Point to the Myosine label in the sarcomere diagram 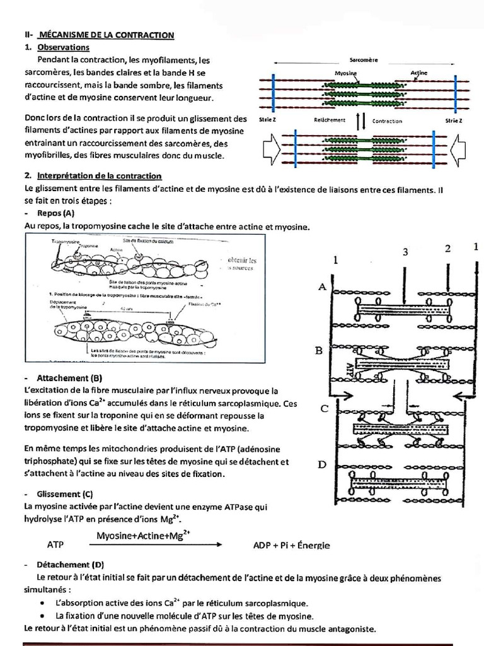pos(345,73)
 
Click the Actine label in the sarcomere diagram pos(418,73)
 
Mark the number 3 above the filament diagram pos(405,252)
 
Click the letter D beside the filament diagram pos(322,465)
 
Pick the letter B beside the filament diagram pos(321,350)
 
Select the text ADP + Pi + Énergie pos(291,545)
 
